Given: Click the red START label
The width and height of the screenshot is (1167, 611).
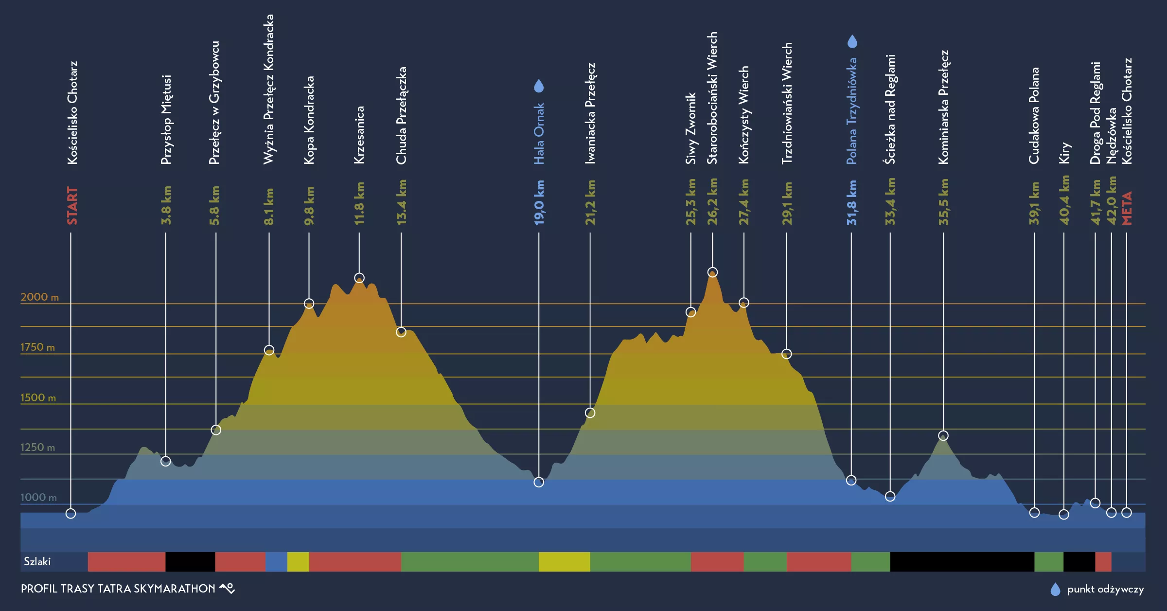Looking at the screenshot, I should click(x=72, y=205).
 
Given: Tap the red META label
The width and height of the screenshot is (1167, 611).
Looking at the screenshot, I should click(x=1127, y=208).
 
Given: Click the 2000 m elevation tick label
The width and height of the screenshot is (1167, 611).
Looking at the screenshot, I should click(x=39, y=297).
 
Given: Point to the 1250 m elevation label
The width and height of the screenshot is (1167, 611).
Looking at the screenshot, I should click(x=37, y=447).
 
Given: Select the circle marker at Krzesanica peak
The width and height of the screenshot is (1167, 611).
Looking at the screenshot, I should click(x=359, y=278).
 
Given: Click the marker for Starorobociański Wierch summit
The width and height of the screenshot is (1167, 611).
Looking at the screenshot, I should click(x=712, y=272).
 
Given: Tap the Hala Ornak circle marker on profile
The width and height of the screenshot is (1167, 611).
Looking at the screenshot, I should click(x=539, y=482).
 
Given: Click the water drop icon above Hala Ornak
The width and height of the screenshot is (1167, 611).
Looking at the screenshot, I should click(x=539, y=86).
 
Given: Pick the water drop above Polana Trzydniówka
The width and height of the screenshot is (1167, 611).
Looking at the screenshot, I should click(x=852, y=41).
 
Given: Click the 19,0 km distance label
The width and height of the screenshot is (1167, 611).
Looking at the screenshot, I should click(x=539, y=202).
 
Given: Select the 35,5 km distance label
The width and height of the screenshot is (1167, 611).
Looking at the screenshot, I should click(x=943, y=202).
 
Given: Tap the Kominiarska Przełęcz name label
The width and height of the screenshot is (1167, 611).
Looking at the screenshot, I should click(x=943, y=107).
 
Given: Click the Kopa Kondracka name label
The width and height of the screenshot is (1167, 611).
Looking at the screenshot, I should click(x=309, y=120).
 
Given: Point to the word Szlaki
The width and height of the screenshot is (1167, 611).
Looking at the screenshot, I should click(x=37, y=561).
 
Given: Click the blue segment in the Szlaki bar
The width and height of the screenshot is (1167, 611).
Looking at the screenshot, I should click(x=276, y=561).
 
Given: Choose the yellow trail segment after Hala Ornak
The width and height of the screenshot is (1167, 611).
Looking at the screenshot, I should click(x=564, y=561).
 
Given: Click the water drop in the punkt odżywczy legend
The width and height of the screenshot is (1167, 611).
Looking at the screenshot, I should click(x=1055, y=589).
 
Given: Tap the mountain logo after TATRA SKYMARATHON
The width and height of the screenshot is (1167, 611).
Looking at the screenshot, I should click(x=227, y=588).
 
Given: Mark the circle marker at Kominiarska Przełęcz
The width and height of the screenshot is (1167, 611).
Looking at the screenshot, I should click(x=943, y=435).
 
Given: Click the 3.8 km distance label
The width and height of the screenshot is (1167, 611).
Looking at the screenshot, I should click(x=166, y=205).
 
